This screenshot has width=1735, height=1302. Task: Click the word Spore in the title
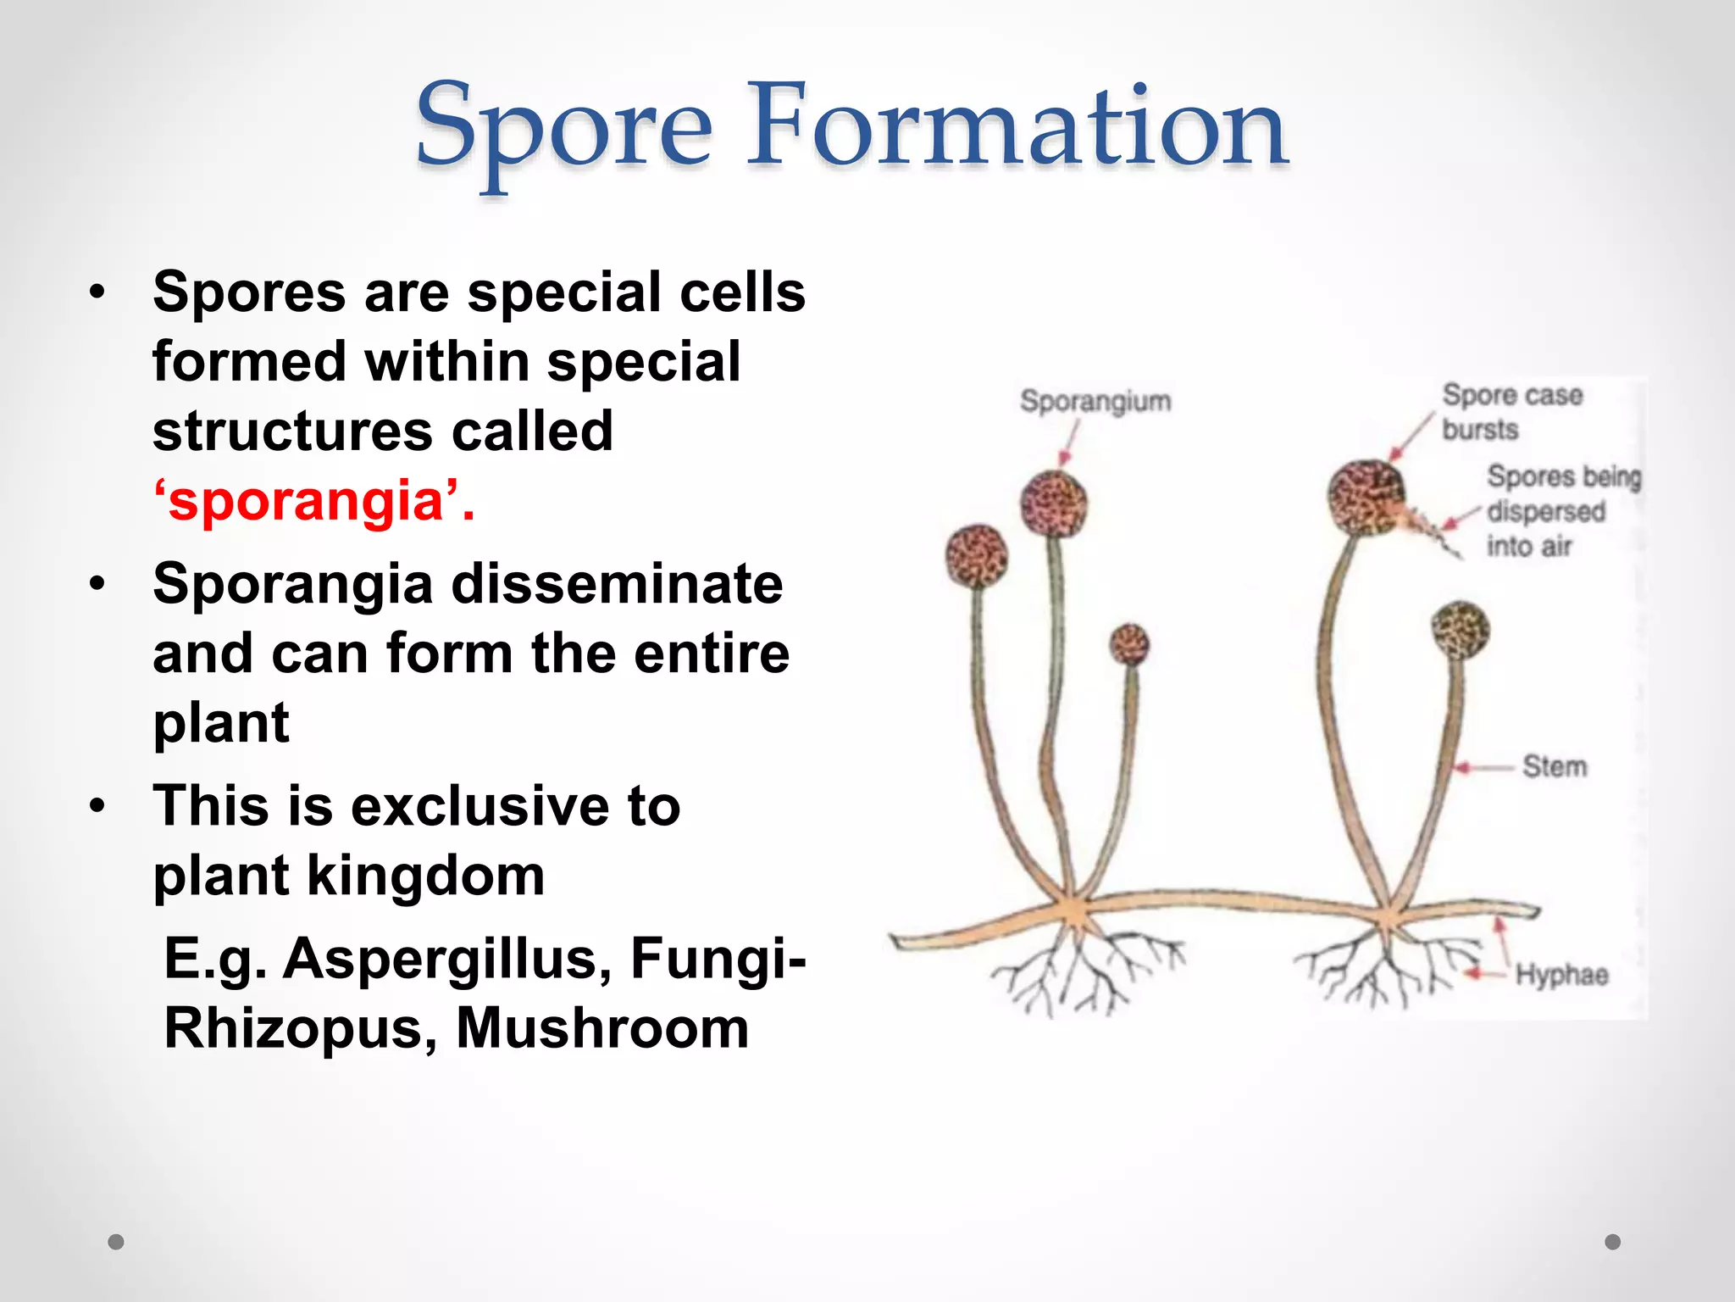[563, 127]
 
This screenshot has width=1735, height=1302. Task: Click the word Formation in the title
[1017, 127]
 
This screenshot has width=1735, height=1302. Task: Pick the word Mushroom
[602, 1028]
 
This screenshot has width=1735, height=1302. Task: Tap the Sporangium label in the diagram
[1095, 401]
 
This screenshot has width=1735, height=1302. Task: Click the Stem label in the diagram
[1555, 766]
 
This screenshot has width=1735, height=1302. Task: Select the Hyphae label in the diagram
[1561, 975]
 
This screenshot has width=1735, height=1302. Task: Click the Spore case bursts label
[1511, 412]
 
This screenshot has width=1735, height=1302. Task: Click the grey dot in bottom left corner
[116, 1242]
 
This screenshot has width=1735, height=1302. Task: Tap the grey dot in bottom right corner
[1613, 1242]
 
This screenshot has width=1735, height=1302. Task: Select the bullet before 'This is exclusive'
[98, 807]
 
